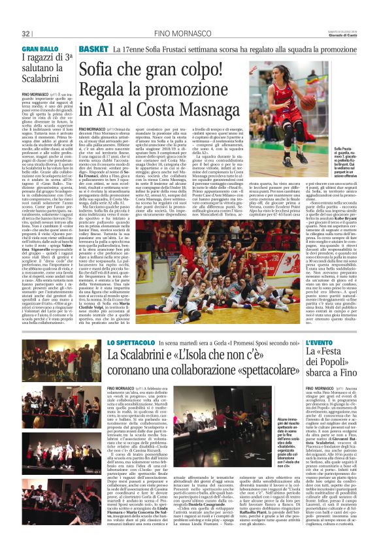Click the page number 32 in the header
pyautogui.click(x=25, y=33)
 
